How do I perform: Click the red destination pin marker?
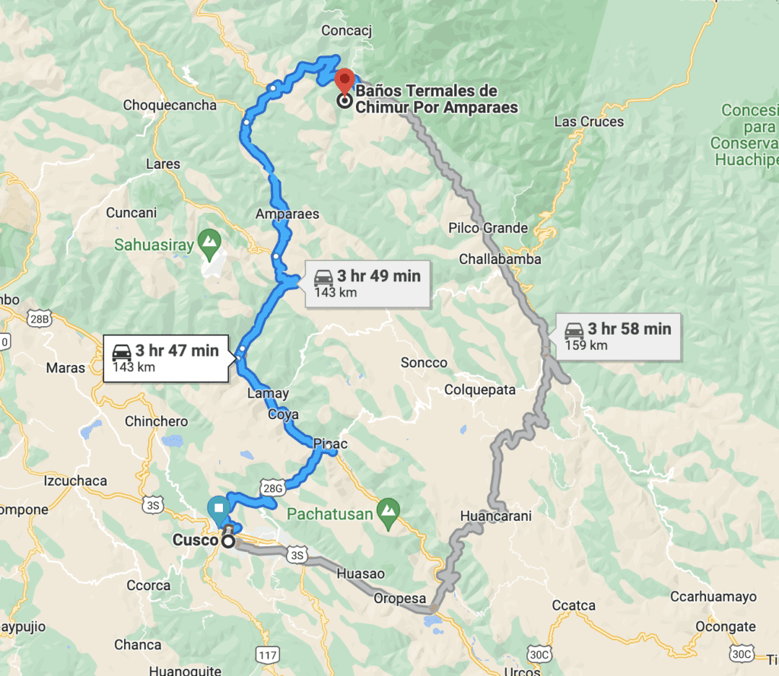point(345,81)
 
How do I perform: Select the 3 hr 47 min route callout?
point(165,358)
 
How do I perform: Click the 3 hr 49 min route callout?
point(367,283)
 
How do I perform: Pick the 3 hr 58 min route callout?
point(618,336)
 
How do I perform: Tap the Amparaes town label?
point(288,214)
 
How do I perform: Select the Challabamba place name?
point(500,259)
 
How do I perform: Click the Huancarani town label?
point(495,516)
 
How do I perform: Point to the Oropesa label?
point(399,598)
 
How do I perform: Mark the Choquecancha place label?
point(170,105)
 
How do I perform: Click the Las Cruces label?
point(589,122)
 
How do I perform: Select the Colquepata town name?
point(481,390)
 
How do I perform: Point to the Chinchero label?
point(156,421)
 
